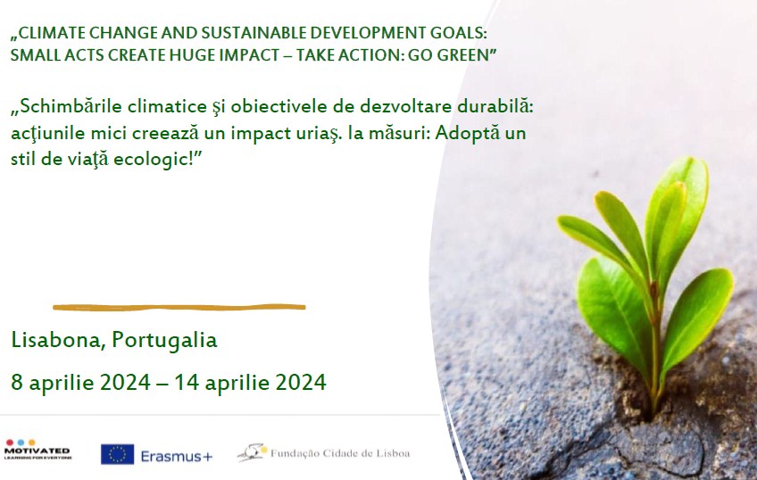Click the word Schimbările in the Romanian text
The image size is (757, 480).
tap(71, 106)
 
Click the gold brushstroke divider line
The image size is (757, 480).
tap(179, 307)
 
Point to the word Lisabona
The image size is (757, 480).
tap(55, 340)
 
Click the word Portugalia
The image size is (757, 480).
tap(164, 341)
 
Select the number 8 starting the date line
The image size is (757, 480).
tap(16, 382)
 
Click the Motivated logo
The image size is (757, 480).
tap(37, 450)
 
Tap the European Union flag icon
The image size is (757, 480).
tap(117, 454)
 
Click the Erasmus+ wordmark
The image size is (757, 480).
tap(176, 457)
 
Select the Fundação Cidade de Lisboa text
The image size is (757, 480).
tap(340, 453)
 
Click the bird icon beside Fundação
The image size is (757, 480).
tap(253, 452)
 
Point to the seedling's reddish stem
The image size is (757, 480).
tap(655, 347)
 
